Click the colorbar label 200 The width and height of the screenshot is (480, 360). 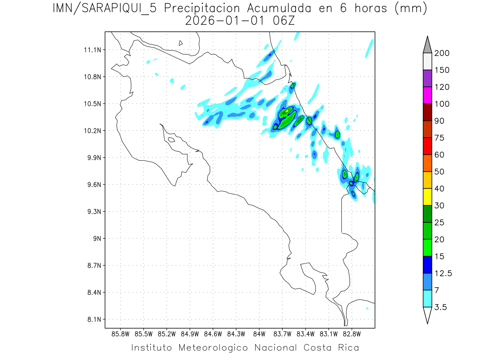pyautogui.click(x=442, y=53)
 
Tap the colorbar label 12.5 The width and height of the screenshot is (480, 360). pyautogui.click(x=443, y=273)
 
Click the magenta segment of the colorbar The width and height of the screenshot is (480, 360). pyautogui.click(x=427, y=95)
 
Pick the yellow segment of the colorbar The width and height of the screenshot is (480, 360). pyautogui.click(x=427, y=197)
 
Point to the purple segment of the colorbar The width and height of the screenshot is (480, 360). pyautogui.click(x=427, y=78)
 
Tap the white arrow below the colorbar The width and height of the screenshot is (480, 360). pyautogui.click(x=427, y=315)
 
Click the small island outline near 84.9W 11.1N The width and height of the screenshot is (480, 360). pyautogui.click(x=181, y=43)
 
